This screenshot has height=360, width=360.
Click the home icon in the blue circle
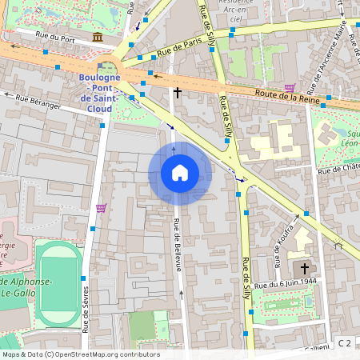click(x=180, y=173)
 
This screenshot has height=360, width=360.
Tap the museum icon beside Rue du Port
click(x=98, y=38)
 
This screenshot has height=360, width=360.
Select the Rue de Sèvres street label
click(x=85, y=297)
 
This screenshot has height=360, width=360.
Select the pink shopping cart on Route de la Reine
click(x=289, y=88)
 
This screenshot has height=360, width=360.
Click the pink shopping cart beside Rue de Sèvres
click(x=101, y=208)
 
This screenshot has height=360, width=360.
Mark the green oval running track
click(x=58, y=285)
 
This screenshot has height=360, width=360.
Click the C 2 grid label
click(x=345, y=343)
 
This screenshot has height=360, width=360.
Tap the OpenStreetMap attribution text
click(x=80, y=354)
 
